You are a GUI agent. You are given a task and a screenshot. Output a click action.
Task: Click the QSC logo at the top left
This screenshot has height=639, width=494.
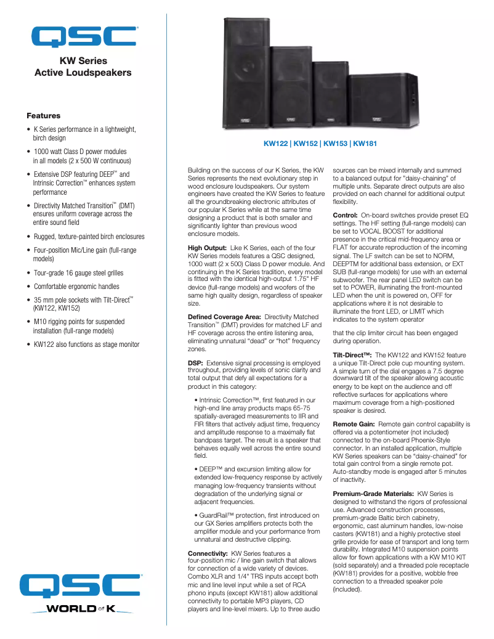point(84,36)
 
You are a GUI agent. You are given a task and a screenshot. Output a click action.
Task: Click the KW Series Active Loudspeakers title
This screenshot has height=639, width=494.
point(83,67)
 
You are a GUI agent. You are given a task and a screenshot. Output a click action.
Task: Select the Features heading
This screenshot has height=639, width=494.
point(43,116)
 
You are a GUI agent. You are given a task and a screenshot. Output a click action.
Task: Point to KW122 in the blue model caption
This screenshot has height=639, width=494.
point(276,144)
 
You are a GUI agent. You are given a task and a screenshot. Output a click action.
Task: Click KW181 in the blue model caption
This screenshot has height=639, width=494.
point(365,144)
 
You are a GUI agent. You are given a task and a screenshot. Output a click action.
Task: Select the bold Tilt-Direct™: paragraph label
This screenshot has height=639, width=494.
point(352,356)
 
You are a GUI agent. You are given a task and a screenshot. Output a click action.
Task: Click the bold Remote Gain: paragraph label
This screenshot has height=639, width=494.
point(354,424)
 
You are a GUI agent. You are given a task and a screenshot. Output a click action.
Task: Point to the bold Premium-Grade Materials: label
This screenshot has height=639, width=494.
point(373,494)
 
